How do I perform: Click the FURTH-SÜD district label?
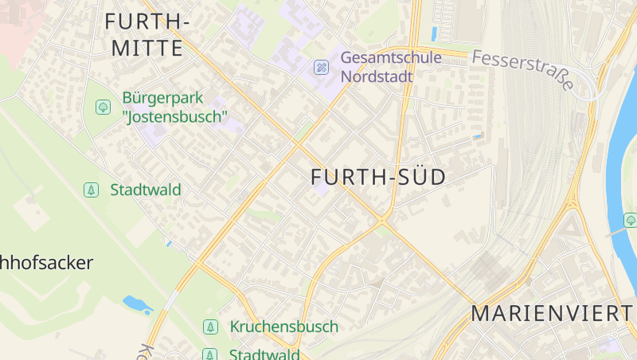pyautogui.click(x=378, y=177)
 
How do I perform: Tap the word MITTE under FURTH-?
pyautogui.click(x=147, y=48)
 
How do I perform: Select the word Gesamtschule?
pyautogui.click(x=391, y=58)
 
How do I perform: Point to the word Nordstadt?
pyautogui.click(x=377, y=76)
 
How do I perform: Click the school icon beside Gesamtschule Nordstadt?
pyautogui.click(x=321, y=67)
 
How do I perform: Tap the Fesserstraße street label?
pyautogui.click(x=522, y=70)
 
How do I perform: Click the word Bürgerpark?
pyautogui.click(x=162, y=98)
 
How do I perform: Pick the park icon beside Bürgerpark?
pyautogui.click(x=103, y=107)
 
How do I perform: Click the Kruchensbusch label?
pyautogui.click(x=284, y=327)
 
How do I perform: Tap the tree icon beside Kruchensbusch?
pyautogui.click(x=210, y=327)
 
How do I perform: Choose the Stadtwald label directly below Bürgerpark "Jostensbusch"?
pyautogui.click(x=146, y=190)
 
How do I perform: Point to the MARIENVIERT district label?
pyautogui.click(x=553, y=313)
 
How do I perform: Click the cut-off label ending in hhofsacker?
pyautogui.click(x=46, y=263)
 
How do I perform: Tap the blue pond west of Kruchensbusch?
pyautogui.click(x=137, y=303)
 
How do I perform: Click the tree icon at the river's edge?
pyautogui.click(x=631, y=220)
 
